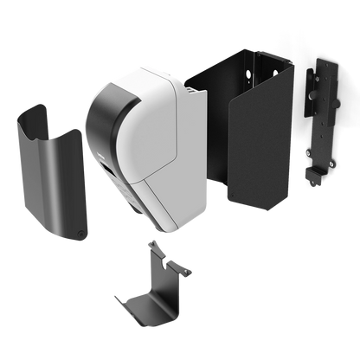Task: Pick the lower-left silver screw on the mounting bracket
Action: tap(308, 153)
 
